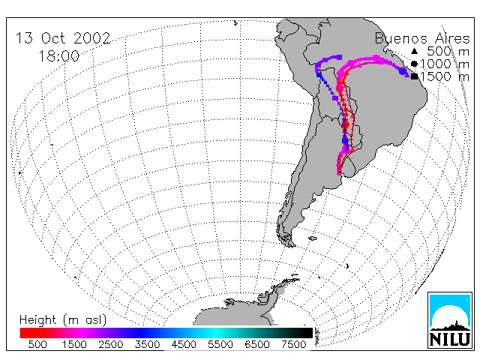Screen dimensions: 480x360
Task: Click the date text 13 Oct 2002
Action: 63,38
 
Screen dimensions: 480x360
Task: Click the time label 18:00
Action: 59,56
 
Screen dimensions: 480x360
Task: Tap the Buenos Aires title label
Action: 422,38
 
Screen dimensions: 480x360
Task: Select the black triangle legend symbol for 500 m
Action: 414,51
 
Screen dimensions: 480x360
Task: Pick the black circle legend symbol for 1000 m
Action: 414,64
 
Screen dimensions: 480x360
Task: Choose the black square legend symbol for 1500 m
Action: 414,76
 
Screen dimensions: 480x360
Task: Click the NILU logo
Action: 450,320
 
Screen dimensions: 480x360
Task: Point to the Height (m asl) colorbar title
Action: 63,320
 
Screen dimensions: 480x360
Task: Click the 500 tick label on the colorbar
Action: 37,344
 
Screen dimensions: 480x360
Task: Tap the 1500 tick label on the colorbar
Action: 74,344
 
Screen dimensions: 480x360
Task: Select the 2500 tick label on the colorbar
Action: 111,344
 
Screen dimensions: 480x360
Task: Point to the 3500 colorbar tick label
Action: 147,344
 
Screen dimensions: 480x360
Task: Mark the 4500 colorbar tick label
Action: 184,344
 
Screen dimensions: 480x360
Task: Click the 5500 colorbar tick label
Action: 220,344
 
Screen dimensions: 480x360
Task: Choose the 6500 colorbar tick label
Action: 257,344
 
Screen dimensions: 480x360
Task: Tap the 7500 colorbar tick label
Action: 293,344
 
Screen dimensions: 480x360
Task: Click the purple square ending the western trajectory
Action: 339,57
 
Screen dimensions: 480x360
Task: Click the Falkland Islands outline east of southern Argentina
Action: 313,238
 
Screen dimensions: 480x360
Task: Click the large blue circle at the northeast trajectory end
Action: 403,72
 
